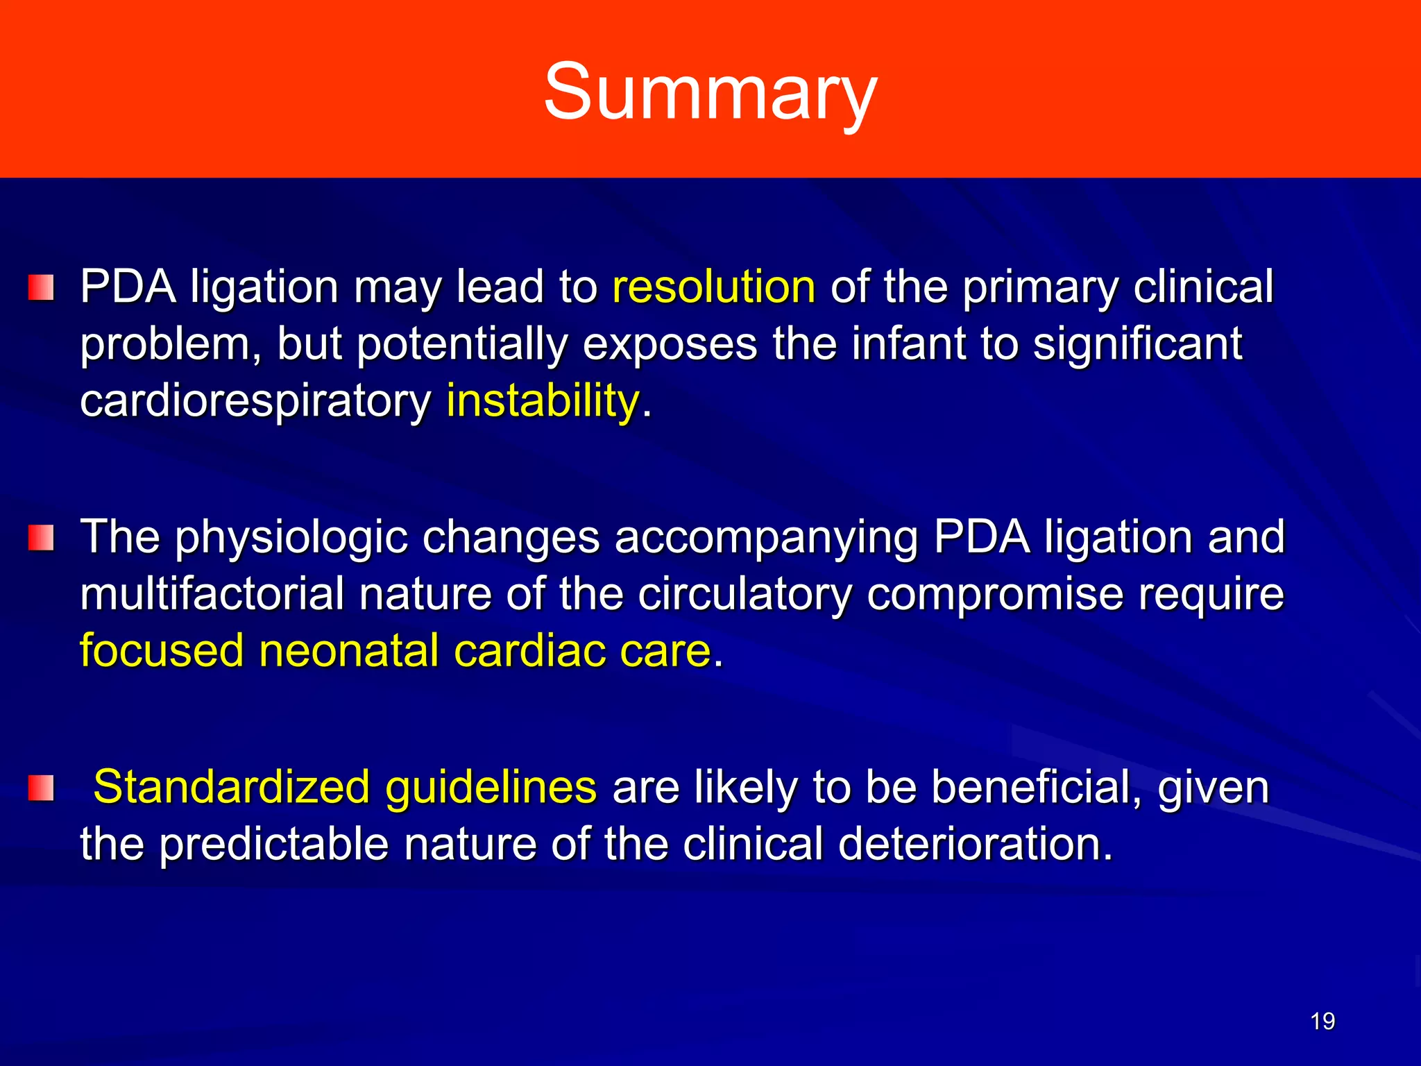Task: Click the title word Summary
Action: (710, 92)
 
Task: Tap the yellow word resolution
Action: (713, 287)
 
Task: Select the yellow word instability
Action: (543, 400)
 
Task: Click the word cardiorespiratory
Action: (255, 402)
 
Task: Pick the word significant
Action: (1137, 344)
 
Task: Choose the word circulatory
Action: (744, 595)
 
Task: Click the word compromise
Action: (994, 595)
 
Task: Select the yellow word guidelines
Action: (491, 788)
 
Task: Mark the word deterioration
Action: (975, 844)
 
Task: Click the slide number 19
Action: (1322, 1021)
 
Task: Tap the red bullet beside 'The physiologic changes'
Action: (41, 538)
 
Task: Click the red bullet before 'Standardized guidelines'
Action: (41, 788)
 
